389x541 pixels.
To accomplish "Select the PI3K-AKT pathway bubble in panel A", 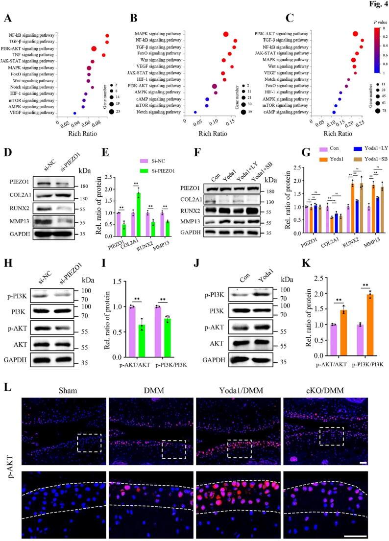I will (x=94, y=48).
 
